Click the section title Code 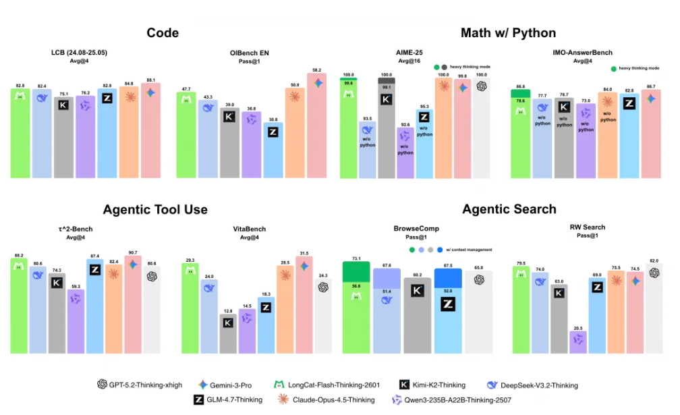[x=163, y=32]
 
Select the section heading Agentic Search [x=509, y=209]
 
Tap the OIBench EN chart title [x=250, y=53]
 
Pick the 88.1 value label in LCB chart [x=150, y=80]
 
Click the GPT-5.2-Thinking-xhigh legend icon [x=103, y=385]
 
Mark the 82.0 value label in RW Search [x=654, y=260]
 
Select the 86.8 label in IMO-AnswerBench [x=520, y=86]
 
